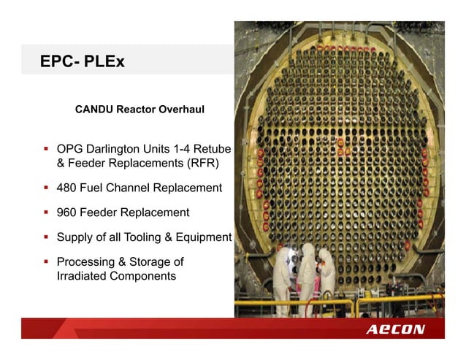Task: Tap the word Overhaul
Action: [180, 110]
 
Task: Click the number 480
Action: [68, 188]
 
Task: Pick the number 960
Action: [68, 212]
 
